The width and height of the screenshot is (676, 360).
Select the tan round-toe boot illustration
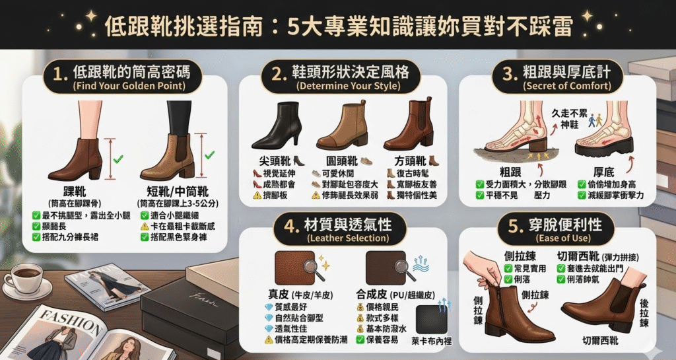click(342, 126)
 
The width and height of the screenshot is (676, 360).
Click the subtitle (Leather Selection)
click(349, 238)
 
